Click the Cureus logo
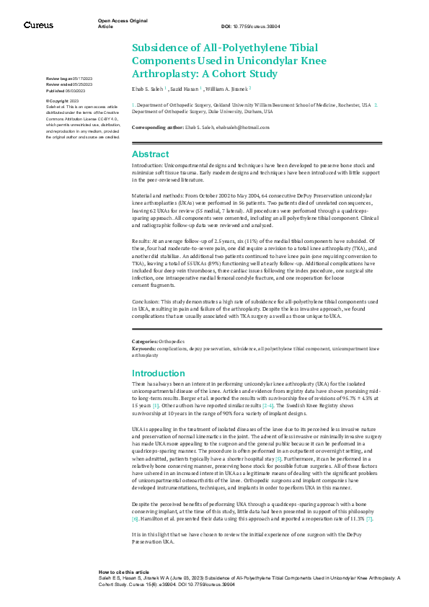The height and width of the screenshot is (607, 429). (x=38, y=25)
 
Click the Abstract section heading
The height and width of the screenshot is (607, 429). (x=150, y=154)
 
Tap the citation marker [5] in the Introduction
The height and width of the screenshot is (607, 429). (x=278, y=458)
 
